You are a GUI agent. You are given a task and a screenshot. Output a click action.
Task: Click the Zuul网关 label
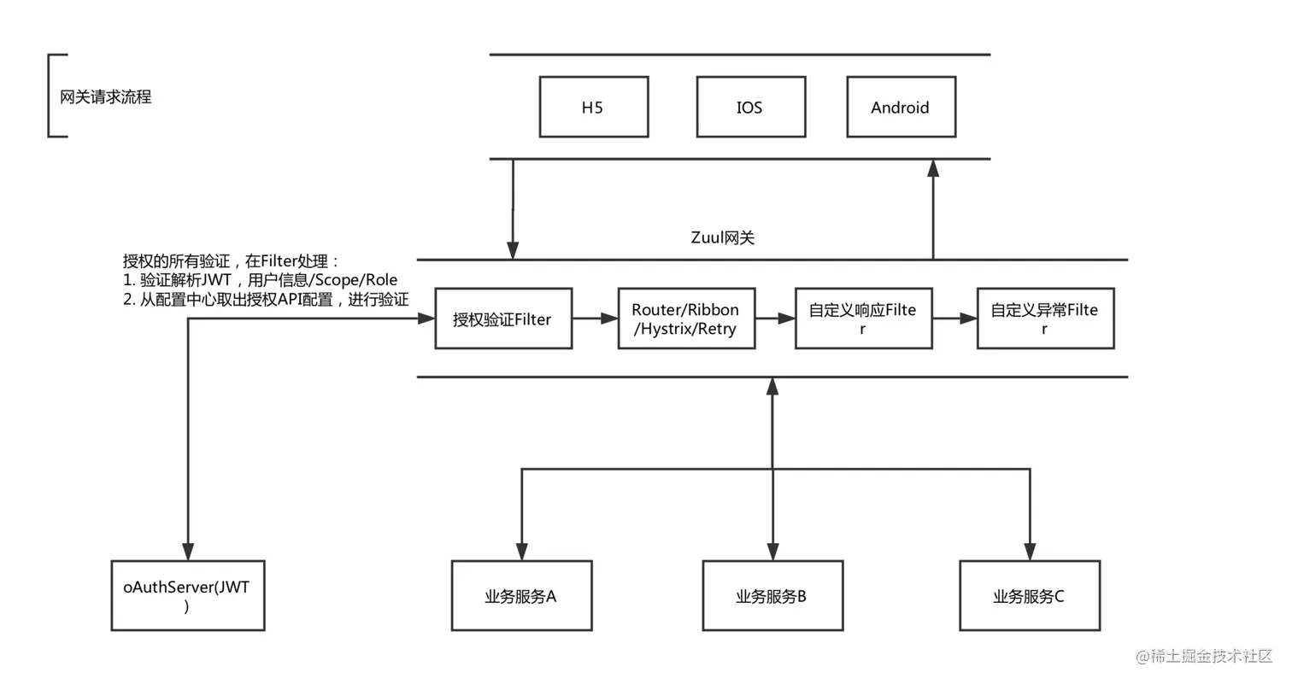click(722, 237)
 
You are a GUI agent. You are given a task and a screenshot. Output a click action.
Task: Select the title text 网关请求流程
click(106, 96)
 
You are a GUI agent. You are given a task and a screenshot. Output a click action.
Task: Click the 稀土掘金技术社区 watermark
click(1204, 656)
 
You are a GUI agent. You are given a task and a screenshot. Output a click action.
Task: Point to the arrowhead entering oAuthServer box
click(188, 552)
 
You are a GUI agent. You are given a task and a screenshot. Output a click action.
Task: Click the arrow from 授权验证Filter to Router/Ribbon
click(596, 318)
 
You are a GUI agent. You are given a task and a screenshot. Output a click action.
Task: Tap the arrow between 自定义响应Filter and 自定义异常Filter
click(954, 318)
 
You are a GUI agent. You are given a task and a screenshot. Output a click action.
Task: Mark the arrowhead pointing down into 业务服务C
click(1031, 552)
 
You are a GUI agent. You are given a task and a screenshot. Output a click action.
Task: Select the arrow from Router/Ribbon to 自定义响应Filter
click(775, 318)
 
